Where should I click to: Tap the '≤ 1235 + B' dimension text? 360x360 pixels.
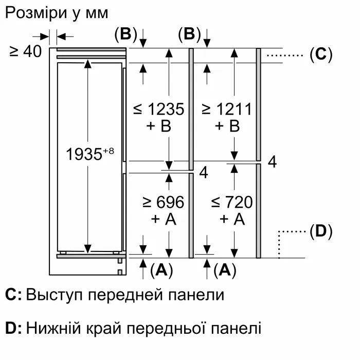tap(158, 117)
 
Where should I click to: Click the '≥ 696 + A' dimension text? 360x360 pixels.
tap(164, 211)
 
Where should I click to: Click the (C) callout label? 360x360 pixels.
tap(321, 54)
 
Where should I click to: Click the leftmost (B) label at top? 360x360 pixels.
tap(125, 34)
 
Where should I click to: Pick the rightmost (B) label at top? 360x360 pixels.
tap(189, 34)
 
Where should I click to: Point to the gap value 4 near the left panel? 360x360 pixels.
tap(203, 173)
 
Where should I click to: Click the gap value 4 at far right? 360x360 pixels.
tap(272, 162)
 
